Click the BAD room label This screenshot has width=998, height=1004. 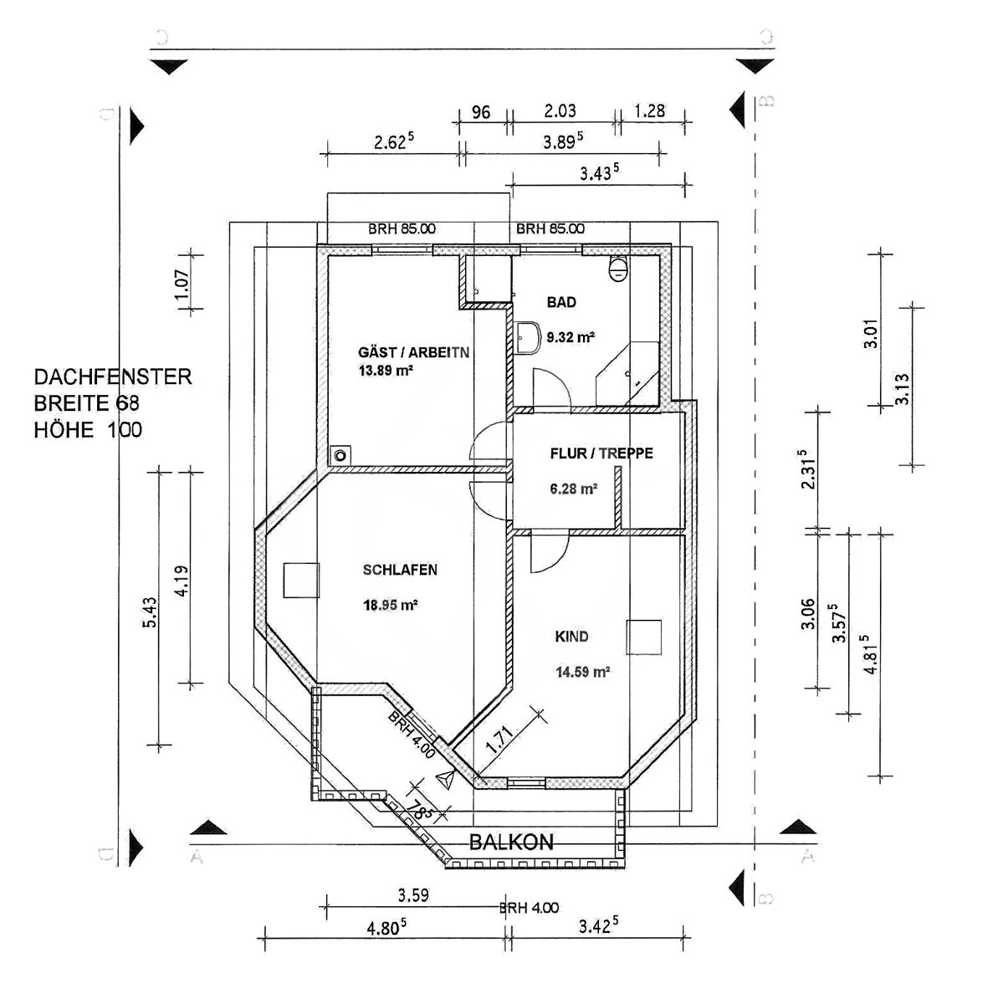561,302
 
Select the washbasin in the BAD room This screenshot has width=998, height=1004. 527,338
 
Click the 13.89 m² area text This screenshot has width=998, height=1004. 386,371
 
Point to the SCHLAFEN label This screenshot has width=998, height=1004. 400,570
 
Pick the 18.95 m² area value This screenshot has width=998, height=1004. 391,605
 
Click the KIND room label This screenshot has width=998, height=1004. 571,637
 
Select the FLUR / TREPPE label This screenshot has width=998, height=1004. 601,453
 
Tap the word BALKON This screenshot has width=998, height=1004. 511,843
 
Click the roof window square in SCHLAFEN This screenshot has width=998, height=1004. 300,581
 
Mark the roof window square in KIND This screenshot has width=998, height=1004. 644,637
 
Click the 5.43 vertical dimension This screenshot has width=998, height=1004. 150,612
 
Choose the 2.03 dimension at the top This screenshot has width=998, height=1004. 560,111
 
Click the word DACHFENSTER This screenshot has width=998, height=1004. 113,376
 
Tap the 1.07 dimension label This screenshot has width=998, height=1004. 182,284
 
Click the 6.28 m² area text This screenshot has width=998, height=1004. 574,489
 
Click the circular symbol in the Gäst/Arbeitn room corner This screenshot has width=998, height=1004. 340,455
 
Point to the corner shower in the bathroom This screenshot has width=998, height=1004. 627,374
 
